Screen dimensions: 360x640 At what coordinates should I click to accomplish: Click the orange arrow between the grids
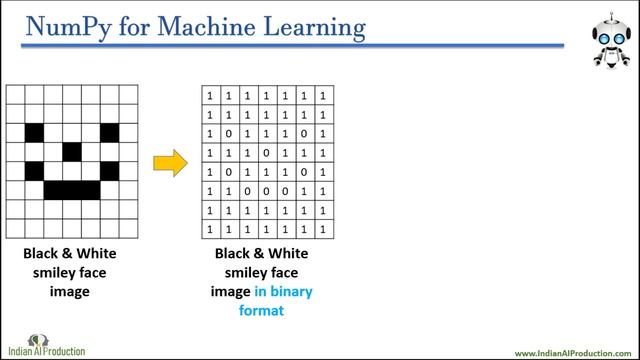pyautogui.click(x=171, y=162)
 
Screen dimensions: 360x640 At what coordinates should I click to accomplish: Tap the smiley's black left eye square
pyautogui.click(x=35, y=132)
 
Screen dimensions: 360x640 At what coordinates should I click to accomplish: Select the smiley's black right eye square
pyautogui.click(x=109, y=132)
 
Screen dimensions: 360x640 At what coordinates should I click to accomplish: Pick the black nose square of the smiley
pyautogui.click(x=72, y=151)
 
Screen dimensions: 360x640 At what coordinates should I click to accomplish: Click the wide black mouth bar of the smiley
pyautogui.click(x=72, y=189)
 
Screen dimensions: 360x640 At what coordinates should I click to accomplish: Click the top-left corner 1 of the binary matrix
pyautogui.click(x=210, y=95)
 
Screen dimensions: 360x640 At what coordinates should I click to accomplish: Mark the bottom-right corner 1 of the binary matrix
pyautogui.click(x=324, y=228)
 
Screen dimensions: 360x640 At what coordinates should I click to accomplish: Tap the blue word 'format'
pyautogui.click(x=261, y=311)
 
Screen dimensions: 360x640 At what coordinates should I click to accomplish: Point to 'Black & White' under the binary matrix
pyautogui.click(x=261, y=254)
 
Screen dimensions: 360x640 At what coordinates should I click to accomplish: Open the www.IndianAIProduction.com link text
pyautogui.click(x=571, y=353)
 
